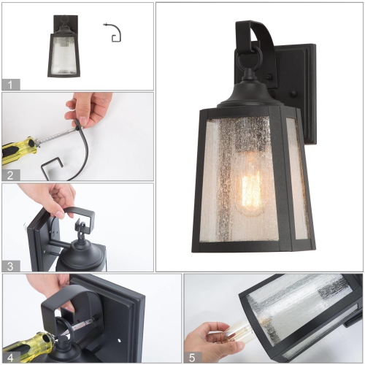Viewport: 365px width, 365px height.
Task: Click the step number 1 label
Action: point(9,84)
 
